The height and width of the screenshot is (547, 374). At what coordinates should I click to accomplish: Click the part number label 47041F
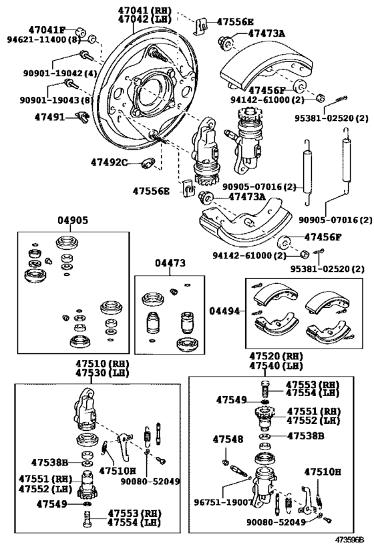point(47,29)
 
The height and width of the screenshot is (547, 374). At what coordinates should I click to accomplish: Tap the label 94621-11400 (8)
point(44,39)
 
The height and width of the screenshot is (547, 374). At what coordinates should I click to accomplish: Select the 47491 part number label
point(49,116)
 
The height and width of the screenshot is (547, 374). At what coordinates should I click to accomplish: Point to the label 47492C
point(110,162)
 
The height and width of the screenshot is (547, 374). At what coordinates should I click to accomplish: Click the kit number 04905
point(73,220)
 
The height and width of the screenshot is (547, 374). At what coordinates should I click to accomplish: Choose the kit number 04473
point(170,263)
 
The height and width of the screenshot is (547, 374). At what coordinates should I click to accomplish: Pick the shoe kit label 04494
point(224,311)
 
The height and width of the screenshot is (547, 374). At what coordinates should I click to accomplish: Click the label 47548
point(228,439)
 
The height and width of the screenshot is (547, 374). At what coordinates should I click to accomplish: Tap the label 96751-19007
point(223,502)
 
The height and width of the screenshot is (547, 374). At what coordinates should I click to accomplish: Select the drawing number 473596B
point(350,540)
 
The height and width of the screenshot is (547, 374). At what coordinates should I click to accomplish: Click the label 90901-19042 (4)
point(59,73)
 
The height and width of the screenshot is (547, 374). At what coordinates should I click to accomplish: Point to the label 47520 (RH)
point(276,357)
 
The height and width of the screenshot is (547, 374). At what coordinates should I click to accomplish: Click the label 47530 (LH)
point(103,373)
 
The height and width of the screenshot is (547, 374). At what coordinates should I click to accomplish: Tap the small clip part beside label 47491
point(82,117)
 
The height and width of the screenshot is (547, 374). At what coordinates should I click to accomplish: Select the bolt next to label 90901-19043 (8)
point(71,83)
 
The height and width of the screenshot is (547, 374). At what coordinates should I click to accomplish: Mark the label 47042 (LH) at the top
point(144,19)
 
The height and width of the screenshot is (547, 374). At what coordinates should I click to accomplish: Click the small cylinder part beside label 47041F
point(81,32)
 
